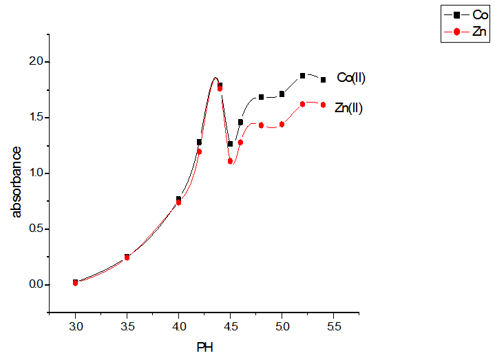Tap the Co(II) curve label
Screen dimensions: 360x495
[x=350, y=78]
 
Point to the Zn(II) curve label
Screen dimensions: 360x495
[x=348, y=108]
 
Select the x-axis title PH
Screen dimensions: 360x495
[x=204, y=347]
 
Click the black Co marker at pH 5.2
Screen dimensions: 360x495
[x=302, y=76]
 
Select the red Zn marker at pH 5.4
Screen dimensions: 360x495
[x=323, y=105]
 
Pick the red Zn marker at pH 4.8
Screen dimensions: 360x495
[x=261, y=125]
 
